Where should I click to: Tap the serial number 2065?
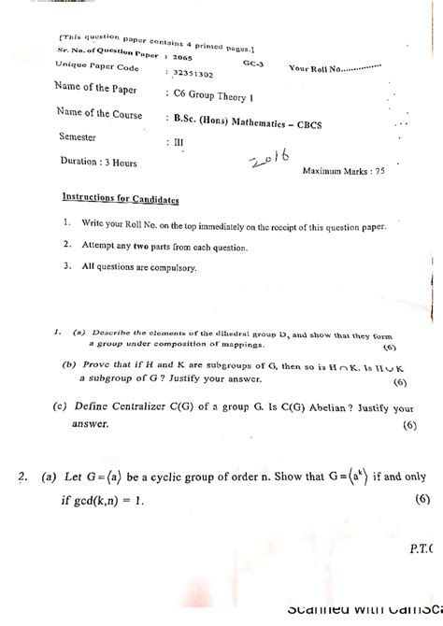(183, 57)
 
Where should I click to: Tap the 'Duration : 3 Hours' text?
(99, 163)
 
